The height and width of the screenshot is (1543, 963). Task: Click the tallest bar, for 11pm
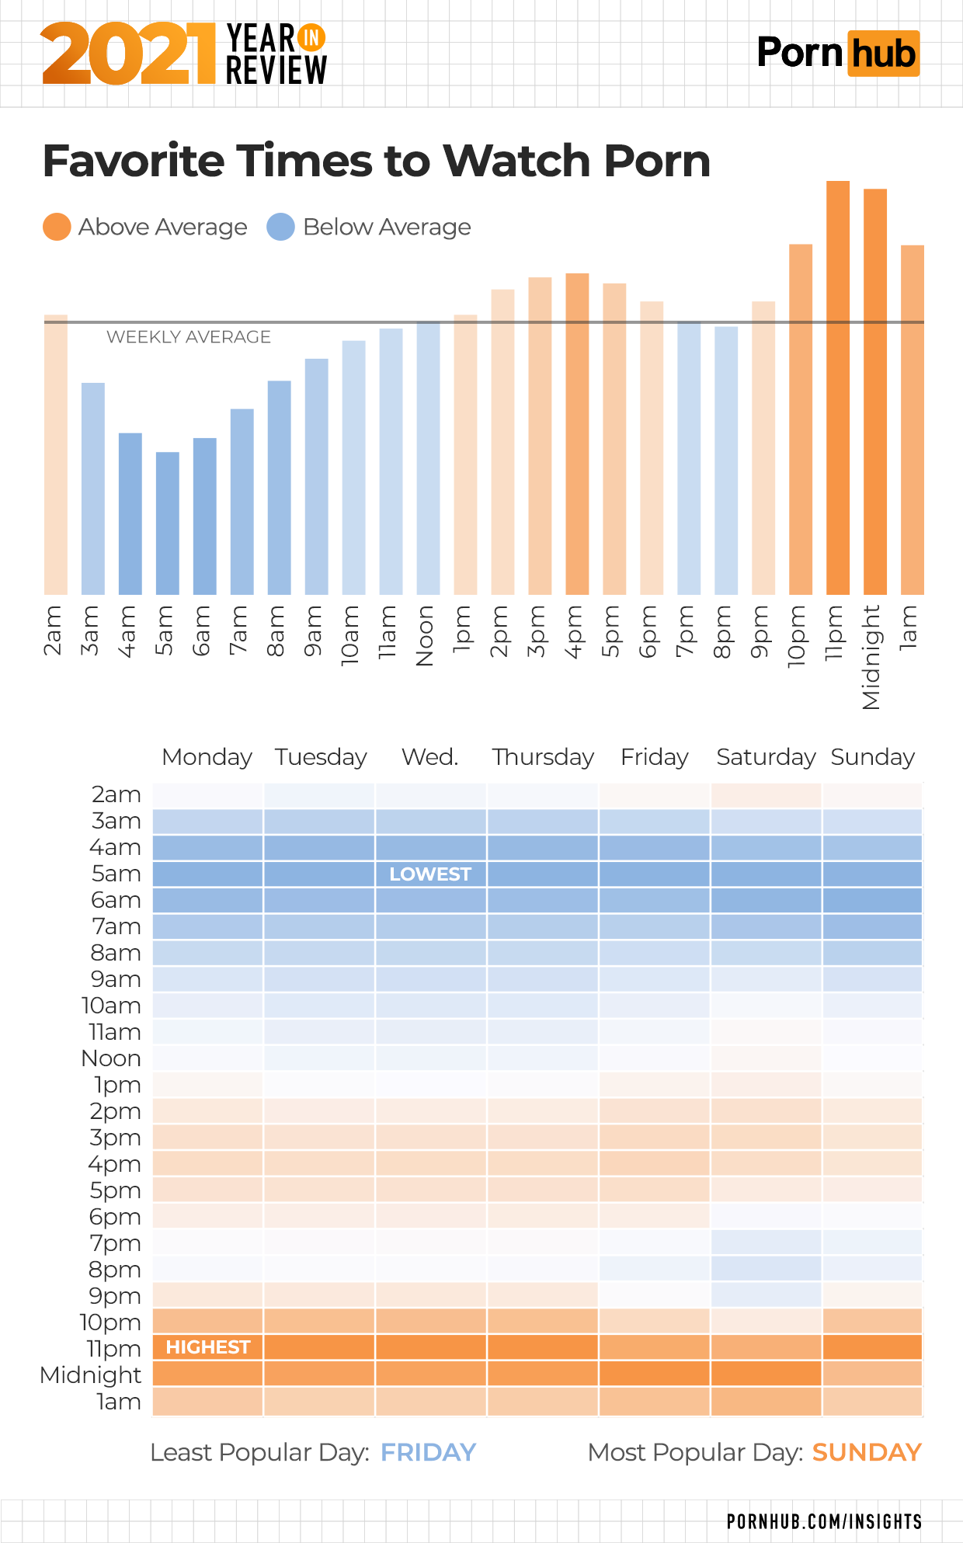point(837,388)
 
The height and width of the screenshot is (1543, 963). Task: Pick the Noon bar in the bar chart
point(428,458)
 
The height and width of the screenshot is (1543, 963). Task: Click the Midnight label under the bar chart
point(871,657)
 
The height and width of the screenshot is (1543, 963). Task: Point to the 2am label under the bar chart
point(53,631)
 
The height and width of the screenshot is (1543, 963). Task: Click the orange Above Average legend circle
point(57,227)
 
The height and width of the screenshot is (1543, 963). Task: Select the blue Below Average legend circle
point(280,227)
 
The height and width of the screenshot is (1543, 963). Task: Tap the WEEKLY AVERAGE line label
point(189,337)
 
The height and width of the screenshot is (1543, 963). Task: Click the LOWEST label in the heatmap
point(430,874)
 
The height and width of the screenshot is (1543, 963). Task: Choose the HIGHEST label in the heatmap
point(208,1347)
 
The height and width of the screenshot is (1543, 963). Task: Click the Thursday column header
point(543,757)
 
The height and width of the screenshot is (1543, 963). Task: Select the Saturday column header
point(766,757)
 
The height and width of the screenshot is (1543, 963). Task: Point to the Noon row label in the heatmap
point(111,1058)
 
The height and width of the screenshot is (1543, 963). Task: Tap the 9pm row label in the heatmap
point(115,1296)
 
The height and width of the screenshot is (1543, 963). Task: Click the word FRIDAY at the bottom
point(428,1452)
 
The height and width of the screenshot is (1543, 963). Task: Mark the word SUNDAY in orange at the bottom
point(867,1452)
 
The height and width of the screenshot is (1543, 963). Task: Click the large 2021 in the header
point(128,54)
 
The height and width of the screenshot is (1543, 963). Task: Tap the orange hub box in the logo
point(883,54)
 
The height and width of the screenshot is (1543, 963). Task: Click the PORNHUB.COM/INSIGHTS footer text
point(824,1521)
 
